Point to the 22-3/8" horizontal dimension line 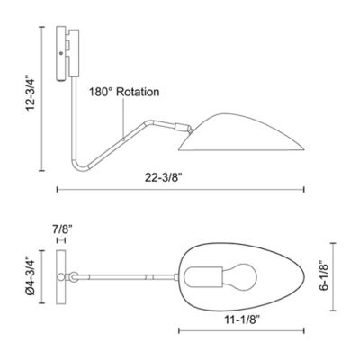pyautogui.click(x=180, y=190)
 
